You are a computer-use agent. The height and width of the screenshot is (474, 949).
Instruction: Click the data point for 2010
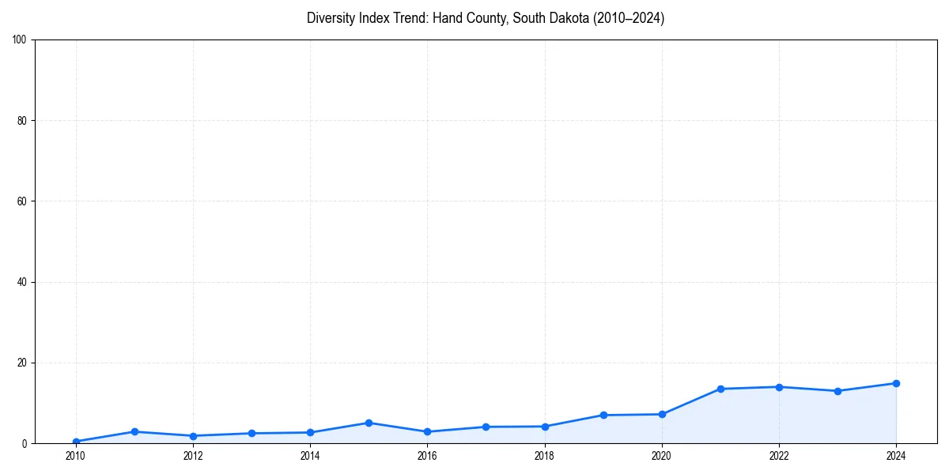[x=76, y=442]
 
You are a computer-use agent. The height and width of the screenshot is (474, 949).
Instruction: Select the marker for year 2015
[x=369, y=423]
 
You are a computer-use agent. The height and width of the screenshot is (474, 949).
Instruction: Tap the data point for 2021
[x=720, y=389]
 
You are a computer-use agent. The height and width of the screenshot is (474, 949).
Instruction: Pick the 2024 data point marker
[x=896, y=383]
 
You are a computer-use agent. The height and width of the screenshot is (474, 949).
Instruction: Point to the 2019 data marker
[x=603, y=415]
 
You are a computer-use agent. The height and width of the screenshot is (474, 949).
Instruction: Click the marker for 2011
[x=134, y=431]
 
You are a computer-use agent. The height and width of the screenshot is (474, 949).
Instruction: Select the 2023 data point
[x=837, y=391]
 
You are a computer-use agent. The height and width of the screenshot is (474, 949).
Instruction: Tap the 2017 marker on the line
[x=486, y=427]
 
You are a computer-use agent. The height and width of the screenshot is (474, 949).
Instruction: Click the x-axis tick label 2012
[x=193, y=456]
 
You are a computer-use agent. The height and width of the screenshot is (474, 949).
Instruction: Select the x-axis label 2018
[x=544, y=456]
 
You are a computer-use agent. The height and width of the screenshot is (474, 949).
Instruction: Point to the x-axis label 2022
[x=779, y=456]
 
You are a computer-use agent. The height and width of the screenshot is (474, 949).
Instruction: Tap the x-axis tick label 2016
[x=427, y=456]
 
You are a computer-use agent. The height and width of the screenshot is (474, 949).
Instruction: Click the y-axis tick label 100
[x=20, y=39]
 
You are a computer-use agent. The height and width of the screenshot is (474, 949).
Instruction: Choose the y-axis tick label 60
[x=22, y=201]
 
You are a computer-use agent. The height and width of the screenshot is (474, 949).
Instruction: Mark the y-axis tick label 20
[x=22, y=363]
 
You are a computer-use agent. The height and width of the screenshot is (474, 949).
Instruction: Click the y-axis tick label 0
[x=25, y=444]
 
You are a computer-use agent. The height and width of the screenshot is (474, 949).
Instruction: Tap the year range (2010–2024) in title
[x=626, y=18]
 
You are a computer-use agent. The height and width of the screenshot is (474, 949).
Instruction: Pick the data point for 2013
[x=251, y=433]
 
